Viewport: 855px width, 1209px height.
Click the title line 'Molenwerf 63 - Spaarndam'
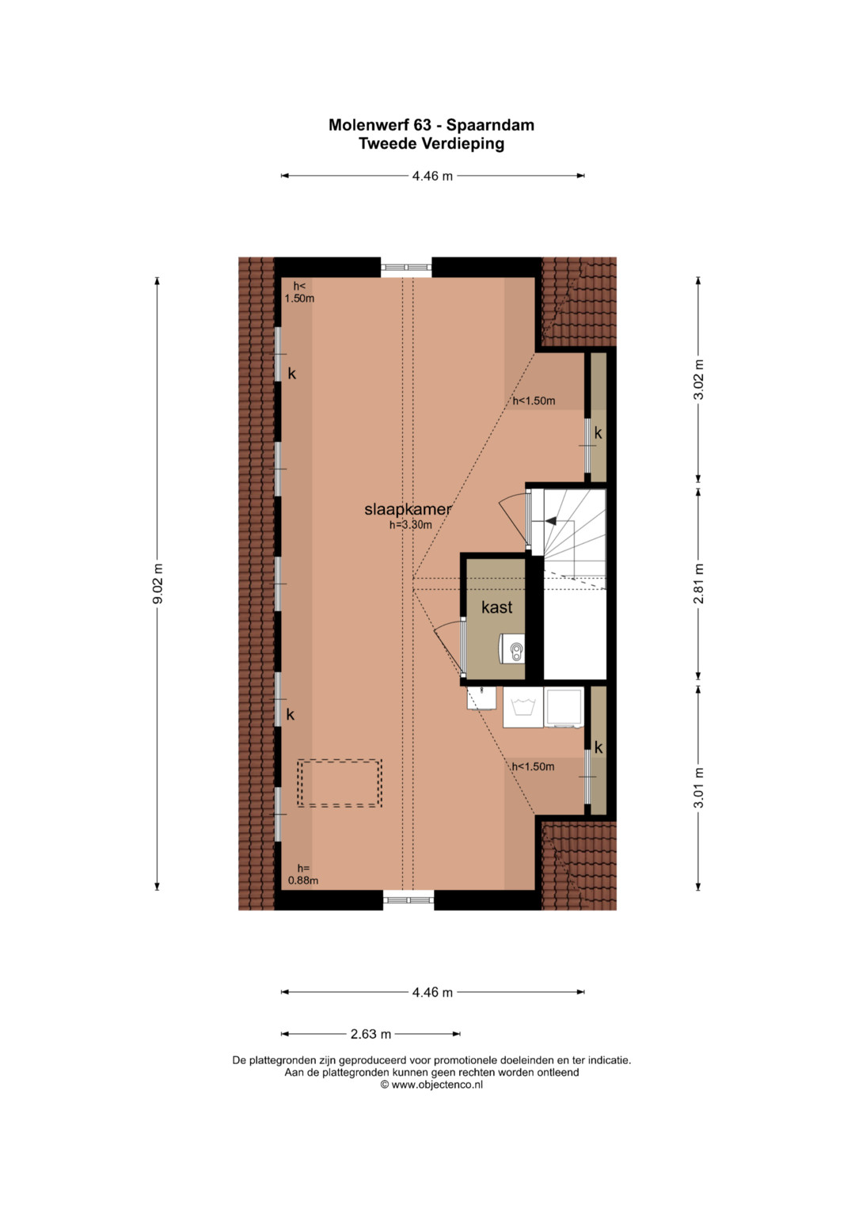(431, 125)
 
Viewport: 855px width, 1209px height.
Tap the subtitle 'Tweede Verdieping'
(431, 144)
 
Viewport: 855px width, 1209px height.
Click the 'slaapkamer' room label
(408, 510)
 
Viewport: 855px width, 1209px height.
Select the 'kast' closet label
(496, 607)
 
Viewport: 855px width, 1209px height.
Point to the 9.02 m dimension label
(158, 584)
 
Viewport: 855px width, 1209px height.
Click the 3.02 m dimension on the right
(698, 379)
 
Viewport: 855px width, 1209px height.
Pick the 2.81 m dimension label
(698, 584)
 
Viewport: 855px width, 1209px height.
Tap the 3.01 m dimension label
(698, 788)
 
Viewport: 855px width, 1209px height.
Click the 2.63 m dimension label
(370, 1034)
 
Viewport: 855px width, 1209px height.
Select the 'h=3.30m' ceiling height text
(411, 525)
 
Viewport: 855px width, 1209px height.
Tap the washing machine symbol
(522, 707)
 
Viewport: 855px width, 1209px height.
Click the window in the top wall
(406, 267)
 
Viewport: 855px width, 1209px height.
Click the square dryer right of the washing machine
(564, 707)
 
